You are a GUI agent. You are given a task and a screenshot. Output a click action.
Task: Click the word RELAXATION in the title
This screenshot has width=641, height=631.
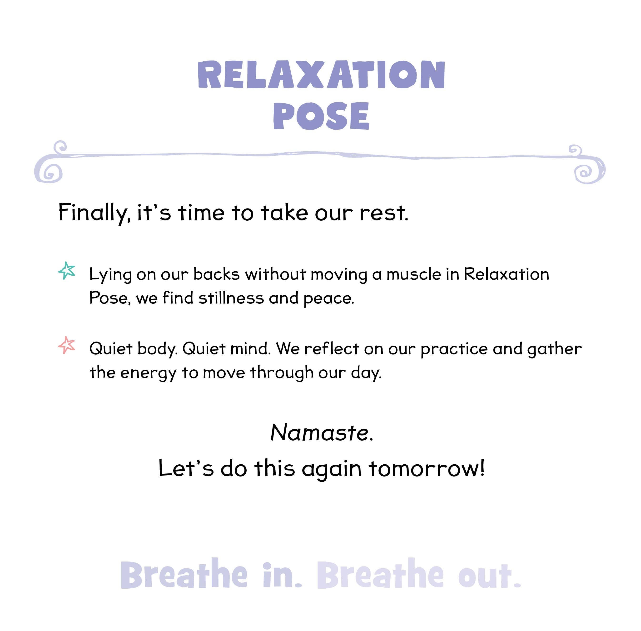coord(321,75)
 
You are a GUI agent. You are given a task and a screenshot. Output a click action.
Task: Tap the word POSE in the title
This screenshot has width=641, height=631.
coord(321,116)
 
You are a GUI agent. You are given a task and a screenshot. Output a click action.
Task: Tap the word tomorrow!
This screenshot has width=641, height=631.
coord(427,468)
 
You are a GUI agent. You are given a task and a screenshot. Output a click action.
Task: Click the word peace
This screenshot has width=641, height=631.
coord(328,299)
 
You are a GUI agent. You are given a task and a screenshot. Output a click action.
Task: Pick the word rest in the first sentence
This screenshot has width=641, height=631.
coord(384,213)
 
